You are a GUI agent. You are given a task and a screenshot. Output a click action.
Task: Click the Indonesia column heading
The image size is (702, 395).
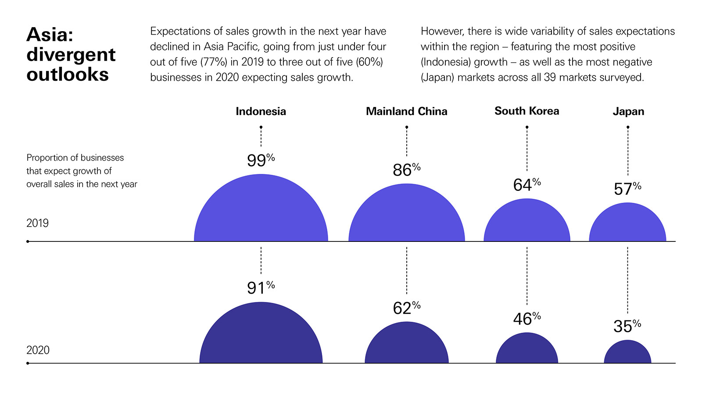pyautogui.click(x=261, y=111)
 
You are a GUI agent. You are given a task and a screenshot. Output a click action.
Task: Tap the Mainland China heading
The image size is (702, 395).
pyautogui.click(x=406, y=111)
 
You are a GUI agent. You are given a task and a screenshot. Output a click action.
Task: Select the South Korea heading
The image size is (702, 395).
pyautogui.click(x=526, y=111)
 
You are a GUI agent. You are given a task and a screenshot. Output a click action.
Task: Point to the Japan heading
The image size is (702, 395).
pyautogui.click(x=628, y=111)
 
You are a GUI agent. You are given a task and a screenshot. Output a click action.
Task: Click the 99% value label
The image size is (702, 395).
pyautogui.click(x=261, y=160)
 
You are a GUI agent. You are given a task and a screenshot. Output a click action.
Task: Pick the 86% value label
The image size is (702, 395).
pyautogui.click(x=406, y=170)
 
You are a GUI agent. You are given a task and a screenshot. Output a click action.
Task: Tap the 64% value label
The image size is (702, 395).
pyautogui.click(x=526, y=185)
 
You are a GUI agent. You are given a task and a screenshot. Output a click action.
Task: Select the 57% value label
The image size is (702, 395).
pyautogui.click(x=627, y=189)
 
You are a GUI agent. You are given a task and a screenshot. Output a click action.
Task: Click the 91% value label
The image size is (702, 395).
pyautogui.click(x=261, y=288)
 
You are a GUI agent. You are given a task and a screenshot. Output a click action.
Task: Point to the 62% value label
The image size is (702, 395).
pyautogui.click(x=406, y=308)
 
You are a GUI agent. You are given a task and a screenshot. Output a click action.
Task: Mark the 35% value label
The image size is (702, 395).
pyautogui.click(x=627, y=326)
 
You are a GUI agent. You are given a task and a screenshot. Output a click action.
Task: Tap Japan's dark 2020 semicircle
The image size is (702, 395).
pyautogui.click(x=627, y=354)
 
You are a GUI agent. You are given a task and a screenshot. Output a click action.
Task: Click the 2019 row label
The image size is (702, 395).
pyautogui.click(x=37, y=223)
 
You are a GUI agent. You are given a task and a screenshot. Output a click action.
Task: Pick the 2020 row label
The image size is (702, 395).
pyautogui.click(x=38, y=350)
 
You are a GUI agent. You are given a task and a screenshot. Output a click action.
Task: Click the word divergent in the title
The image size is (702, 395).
pyautogui.click(x=71, y=55)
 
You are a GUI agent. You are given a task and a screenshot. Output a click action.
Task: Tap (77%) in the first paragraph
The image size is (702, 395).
pyautogui.click(x=214, y=62)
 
